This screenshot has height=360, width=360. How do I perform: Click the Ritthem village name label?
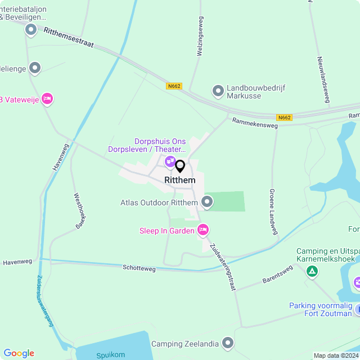click(x=180, y=180)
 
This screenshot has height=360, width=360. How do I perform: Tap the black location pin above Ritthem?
click(x=180, y=166)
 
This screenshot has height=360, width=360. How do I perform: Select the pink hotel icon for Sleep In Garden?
click(x=204, y=229)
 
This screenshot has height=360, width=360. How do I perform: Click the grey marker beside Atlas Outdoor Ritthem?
click(x=207, y=201)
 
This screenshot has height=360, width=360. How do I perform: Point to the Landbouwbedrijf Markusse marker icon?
click(x=218, y=91)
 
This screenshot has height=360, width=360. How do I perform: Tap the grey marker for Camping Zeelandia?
click(x=228, y=343)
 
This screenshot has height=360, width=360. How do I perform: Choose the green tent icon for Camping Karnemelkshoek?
click(x=312, y=272)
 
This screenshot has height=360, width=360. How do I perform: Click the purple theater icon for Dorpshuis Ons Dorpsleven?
click(x=170, y=162)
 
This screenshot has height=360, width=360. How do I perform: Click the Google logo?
click(x=19, y=353)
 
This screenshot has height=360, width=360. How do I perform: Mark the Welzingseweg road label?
click(x=200, y=35)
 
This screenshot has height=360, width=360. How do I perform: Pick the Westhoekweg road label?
click(x=79, y=210)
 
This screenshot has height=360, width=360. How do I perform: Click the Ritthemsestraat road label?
click(x=67, y=37)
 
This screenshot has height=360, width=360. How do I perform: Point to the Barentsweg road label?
click(x=277, y=274)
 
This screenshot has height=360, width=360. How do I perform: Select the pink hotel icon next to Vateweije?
click(x=47, y=99)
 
